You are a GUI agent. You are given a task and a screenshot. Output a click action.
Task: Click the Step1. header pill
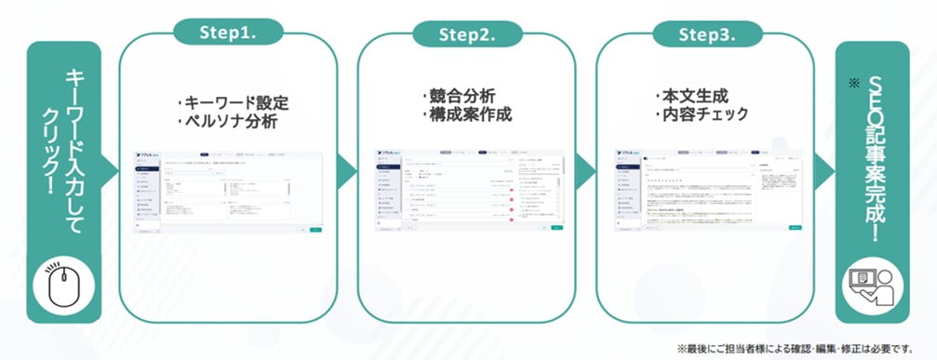(229, 32)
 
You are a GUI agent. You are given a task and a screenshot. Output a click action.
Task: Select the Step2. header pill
(465, 33)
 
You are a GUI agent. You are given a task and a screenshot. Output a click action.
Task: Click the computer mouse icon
(62, 288)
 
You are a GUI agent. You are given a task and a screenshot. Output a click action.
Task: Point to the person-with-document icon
(870, 287)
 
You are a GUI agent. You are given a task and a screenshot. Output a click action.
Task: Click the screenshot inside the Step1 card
(228, 191)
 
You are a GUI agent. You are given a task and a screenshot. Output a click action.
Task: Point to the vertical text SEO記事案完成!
(871, 157)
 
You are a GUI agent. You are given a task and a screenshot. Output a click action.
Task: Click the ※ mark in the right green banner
(851, 84)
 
